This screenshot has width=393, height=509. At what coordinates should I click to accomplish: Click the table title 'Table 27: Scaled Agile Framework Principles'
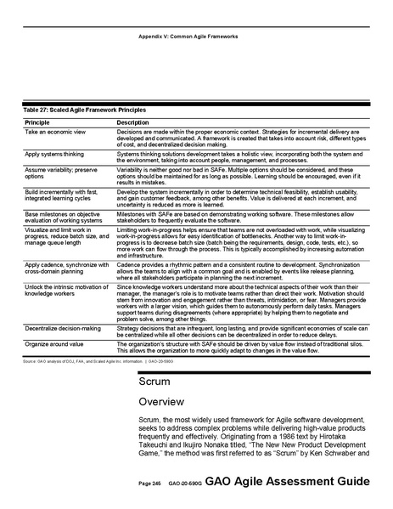coord(81,110)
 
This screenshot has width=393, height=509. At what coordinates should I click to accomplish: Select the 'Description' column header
coord(133,124)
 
